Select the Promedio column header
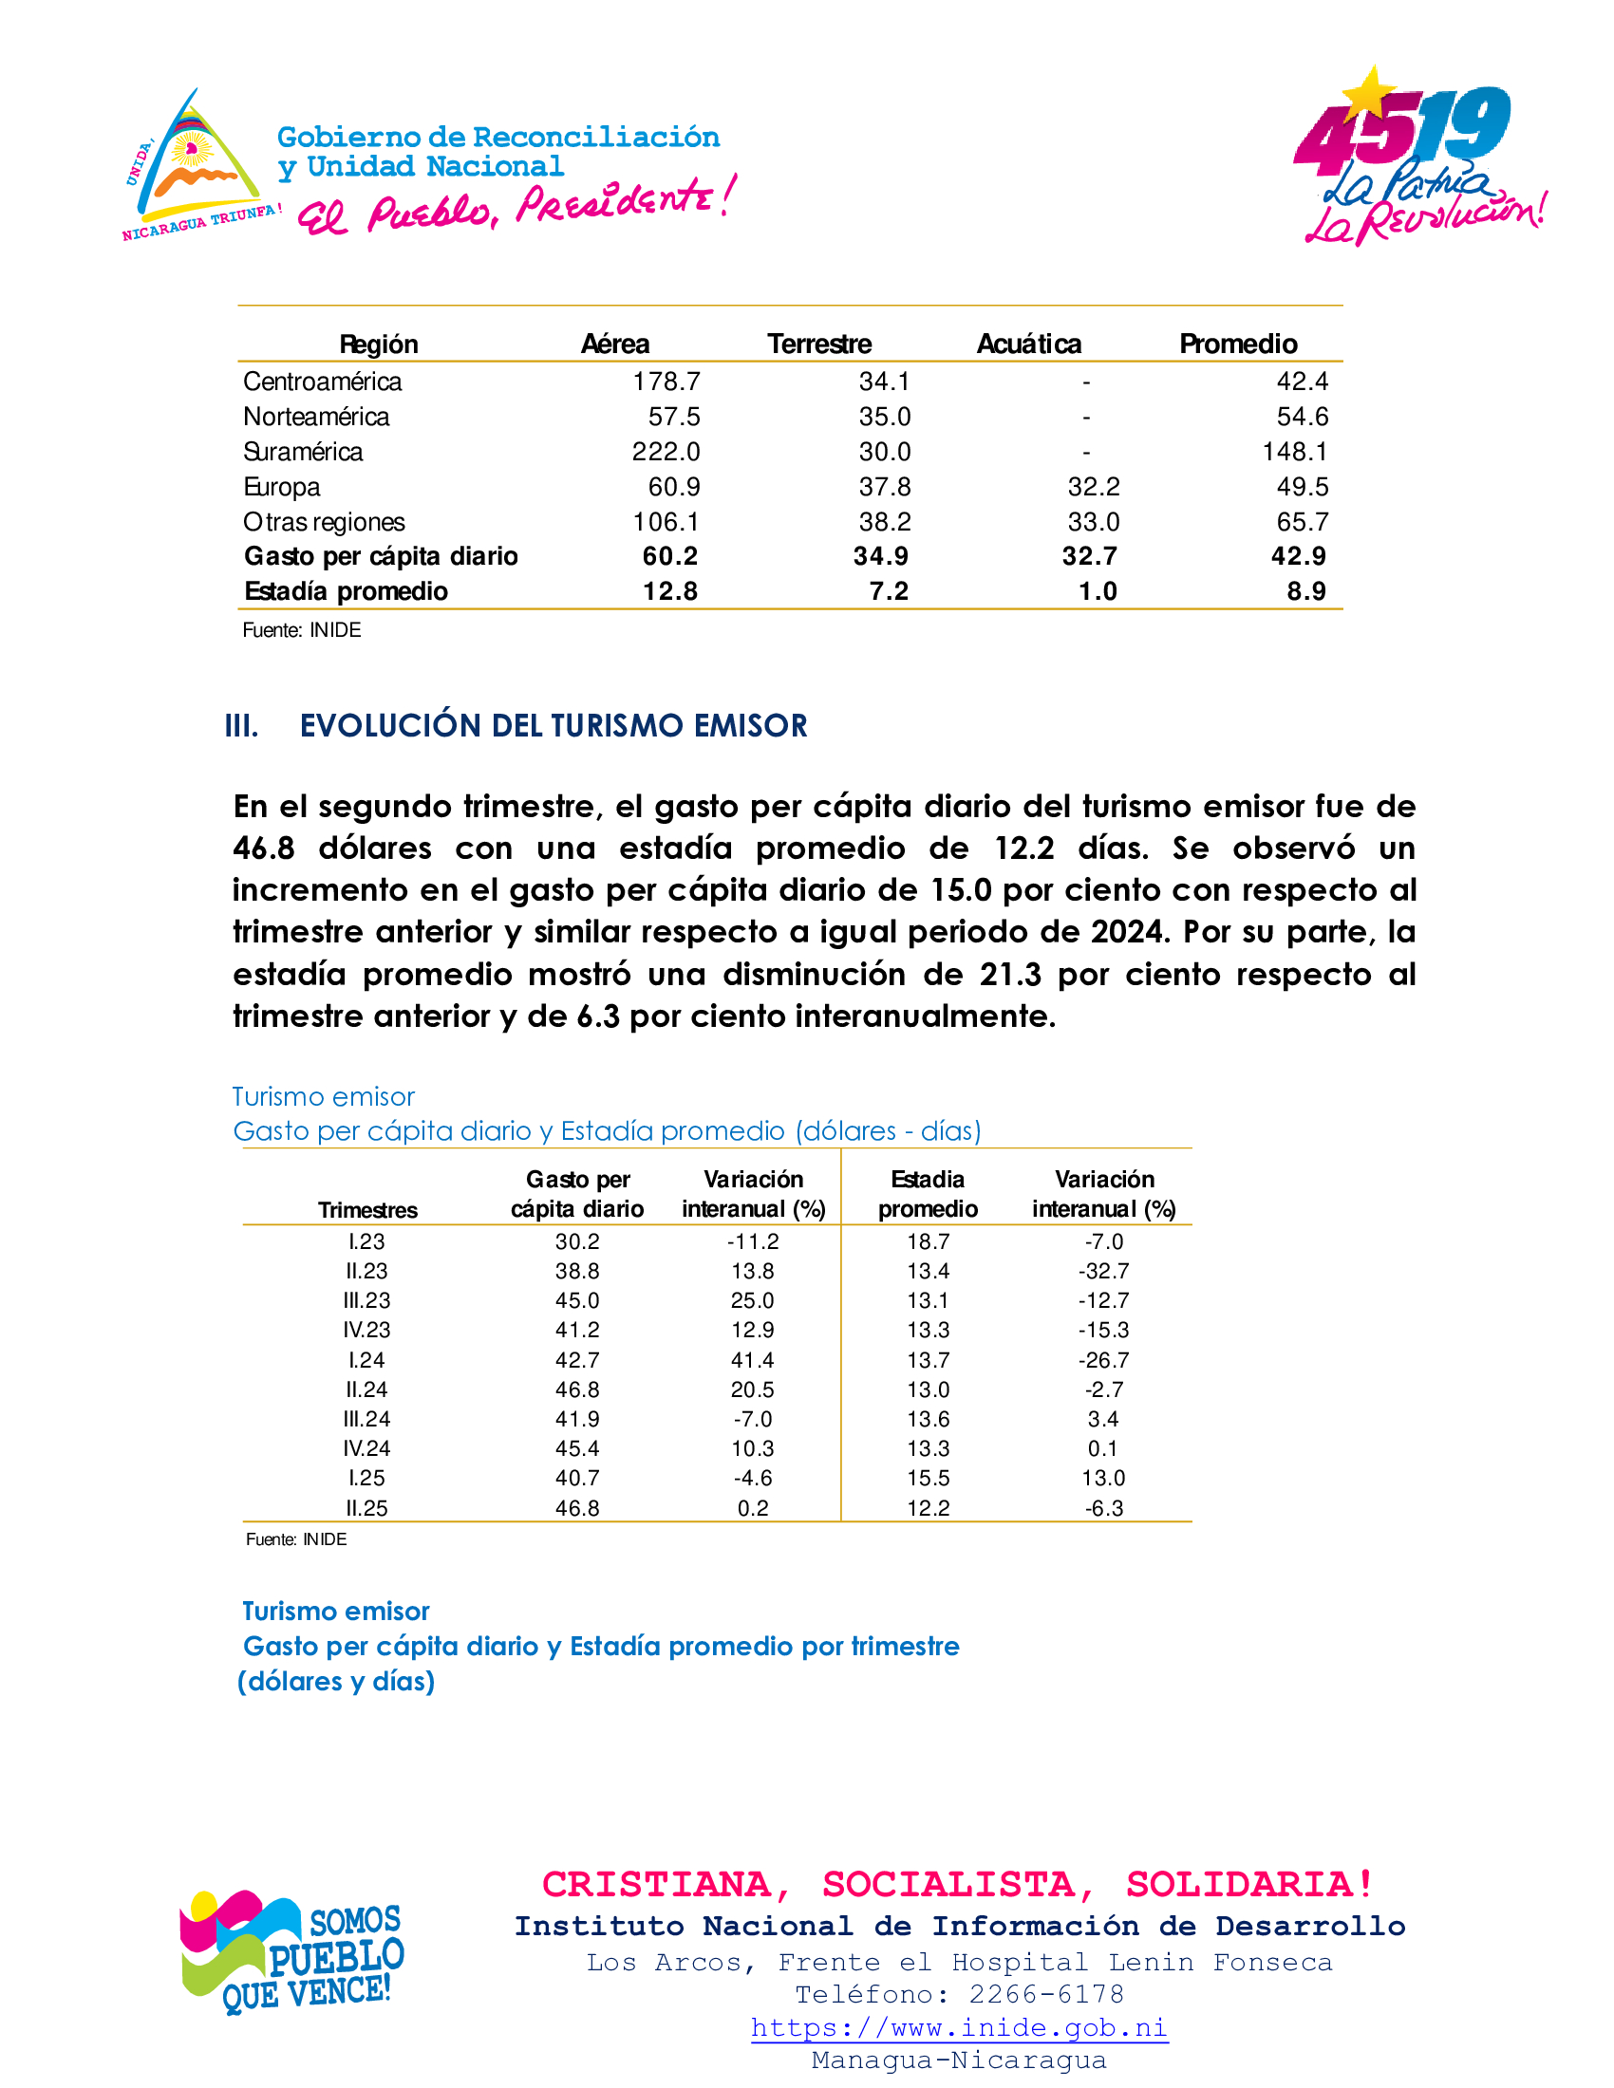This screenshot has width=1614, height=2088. (x=1237, y=344)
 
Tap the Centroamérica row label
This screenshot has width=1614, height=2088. (x=322, y=382)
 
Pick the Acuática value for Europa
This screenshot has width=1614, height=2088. (x=1093, y=487)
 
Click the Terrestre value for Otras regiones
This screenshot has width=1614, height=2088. (x=885, y=522)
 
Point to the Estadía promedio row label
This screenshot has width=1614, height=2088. (x=347, y=591)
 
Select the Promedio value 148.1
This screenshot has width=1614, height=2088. (x=1295, y=451)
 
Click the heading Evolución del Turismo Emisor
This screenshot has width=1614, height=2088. (x=553, y=726)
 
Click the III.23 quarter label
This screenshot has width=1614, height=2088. (x=366, y=1300)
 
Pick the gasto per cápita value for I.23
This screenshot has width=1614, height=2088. (x=577, y=1241)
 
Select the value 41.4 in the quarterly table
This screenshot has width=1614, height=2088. (x=753, y=1359)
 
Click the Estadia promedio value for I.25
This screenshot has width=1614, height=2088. (x=928, y=1478)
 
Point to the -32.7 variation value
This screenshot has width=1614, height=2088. (x=1103, y=1271)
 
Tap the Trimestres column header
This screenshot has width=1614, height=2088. (x=367, y=1210)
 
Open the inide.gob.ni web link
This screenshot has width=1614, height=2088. (x=959, y=2028)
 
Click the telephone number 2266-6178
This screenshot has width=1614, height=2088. (x=1046, y=1994)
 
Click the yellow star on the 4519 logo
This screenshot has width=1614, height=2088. (x=1371, y=94)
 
